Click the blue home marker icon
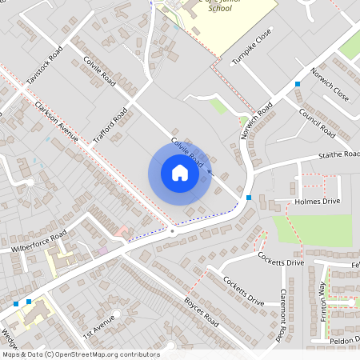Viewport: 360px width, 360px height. pos(180,173)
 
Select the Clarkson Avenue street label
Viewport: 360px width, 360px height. pos(55,122)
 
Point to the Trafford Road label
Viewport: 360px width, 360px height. pos(110,126)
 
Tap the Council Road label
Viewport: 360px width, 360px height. pos(316,120)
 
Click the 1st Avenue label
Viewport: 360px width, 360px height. pos(100,325)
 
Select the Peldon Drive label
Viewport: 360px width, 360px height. pos(344,339)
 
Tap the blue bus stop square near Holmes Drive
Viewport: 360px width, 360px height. pos(250,198)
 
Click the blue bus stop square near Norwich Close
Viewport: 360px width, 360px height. pos(298,84)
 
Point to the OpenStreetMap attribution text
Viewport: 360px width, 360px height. pos(80,354)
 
